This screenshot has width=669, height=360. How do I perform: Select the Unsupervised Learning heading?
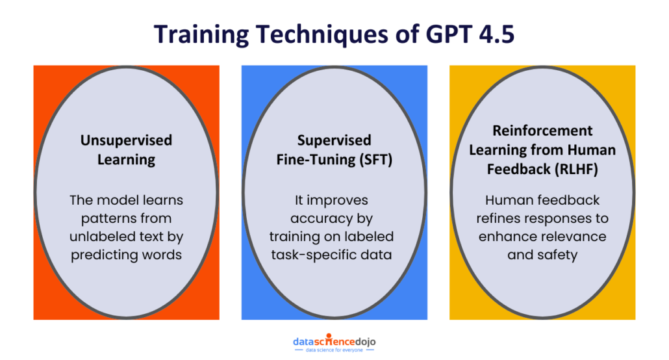pos(126,149)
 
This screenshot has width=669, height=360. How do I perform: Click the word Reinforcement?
pos(542,131)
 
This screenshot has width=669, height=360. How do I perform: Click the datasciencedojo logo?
pos(334,341)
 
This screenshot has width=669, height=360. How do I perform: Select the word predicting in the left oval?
pos(103,254)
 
